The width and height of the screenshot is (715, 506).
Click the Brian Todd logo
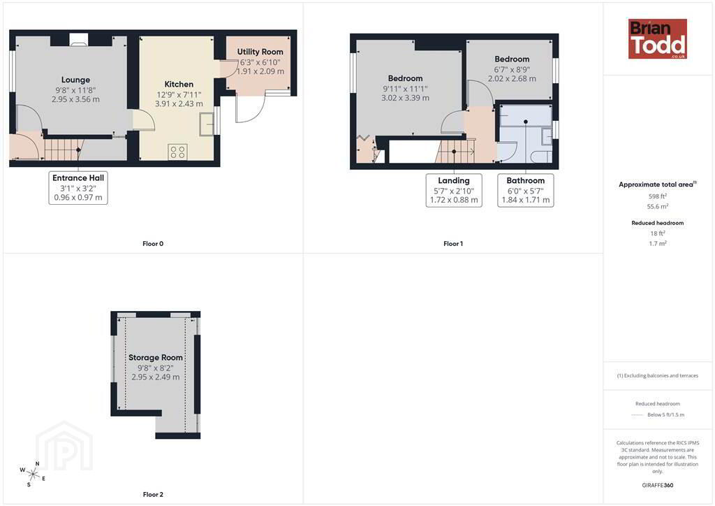pos(657,38)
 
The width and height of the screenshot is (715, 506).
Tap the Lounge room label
pos(75,80)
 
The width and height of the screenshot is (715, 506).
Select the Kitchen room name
pos(179,85)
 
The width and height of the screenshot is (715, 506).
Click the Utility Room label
pos(260,52)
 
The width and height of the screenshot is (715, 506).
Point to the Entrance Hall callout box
pos(78,187)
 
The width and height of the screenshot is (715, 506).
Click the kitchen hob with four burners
pos(177,152)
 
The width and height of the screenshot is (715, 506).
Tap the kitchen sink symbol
pos(207,124)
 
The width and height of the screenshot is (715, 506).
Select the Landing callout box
pos(454,190)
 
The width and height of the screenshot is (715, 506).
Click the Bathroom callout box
pos(526,190)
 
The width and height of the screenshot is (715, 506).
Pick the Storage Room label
pos(156,358)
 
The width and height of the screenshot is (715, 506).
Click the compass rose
pos(32,474)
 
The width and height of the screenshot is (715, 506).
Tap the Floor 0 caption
pos(153,244)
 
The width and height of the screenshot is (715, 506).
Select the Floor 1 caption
pos(452,244)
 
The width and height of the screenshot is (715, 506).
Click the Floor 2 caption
pos(153,495)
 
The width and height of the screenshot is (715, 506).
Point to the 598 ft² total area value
pos(658,196)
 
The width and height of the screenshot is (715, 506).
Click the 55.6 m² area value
pos(658,206)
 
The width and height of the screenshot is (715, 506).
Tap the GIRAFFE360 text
pos(658,486)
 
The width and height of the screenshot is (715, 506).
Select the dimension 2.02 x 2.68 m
pos(512,78)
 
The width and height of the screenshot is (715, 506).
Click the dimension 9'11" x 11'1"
pos(406,89)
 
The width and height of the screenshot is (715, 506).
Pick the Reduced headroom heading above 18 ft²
pos(658,223)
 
